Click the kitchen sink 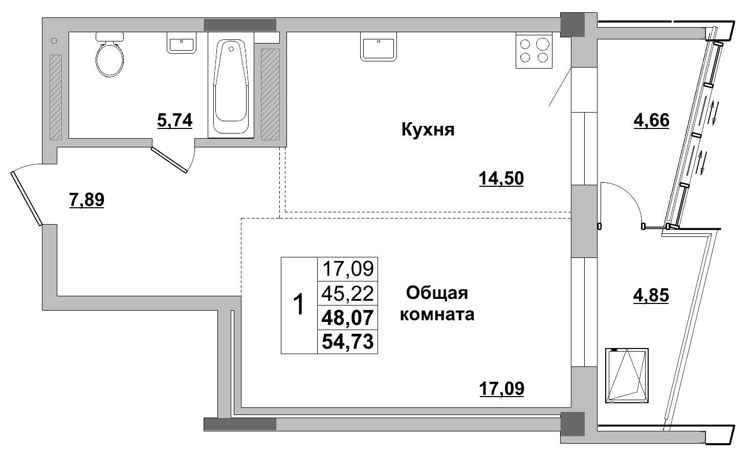pyautogui.click(x=379, y=46)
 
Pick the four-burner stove pyautogui.click(x=534, y=51)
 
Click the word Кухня pyautogui.click(x=428, y=130)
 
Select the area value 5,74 pyautogui.click(x=175, y=121)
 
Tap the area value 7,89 pyautogui.click(x=86, y=200)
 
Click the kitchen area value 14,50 pyautogui.click(x=501, y=179)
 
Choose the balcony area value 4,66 pyautogui.click(x=651, y=121)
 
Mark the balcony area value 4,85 pyautogui.click(x=651, y=296)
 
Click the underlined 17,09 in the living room pyautogui.click(x=502, y=389)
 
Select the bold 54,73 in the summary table pyautogui.click(x=347, y=341)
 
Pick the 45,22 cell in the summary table pyautogui.click(x=347, y=293)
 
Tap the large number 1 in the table pyautogui.click(x=299, y=305)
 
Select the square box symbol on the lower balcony pyautogui.click(x=627, y=376)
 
